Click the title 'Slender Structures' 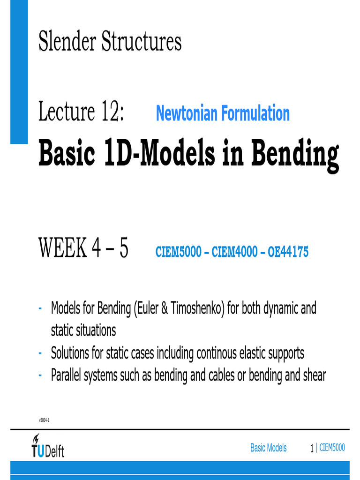click(110, 42)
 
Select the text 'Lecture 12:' click(81, 112)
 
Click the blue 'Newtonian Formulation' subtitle click(223, 113)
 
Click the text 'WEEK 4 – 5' click(83, 248)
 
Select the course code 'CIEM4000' click(234, 252)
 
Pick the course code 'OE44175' click(288, 252)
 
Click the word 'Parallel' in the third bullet click(65, 375)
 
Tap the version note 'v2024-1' click(44, 420)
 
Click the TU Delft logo click(47, 447)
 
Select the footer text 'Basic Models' click(268, 448)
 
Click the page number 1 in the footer click(312, 449)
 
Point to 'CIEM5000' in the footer click(332, 448)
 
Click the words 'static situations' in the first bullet click(83, 330)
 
